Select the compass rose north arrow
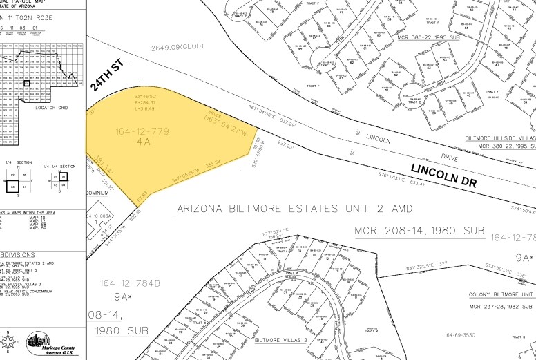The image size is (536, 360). click(x=9, y=342)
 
